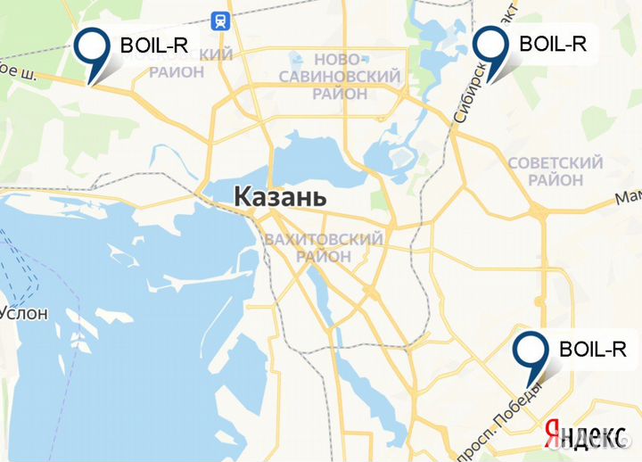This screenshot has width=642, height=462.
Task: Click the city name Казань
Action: coord(280,198)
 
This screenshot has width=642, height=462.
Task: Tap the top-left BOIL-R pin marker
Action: coord(93,50)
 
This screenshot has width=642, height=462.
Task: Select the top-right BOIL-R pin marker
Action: coord(490,49)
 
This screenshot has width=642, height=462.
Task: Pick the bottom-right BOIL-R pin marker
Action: coord(532,353)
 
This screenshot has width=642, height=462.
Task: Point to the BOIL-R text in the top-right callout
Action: coord(552,43)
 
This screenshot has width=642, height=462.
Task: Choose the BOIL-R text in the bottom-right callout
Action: coord(592,348)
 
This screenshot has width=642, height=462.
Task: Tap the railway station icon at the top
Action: coord(218,21)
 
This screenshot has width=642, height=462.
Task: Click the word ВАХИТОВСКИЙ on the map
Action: coord(324,239)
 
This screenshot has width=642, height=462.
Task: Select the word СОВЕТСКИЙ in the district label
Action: coord(555,163)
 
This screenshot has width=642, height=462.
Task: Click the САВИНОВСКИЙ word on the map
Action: coord(339,76)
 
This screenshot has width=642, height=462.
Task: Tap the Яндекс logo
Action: coord(584,434)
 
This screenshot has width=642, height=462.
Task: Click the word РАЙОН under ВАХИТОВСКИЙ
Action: coord(324,257)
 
